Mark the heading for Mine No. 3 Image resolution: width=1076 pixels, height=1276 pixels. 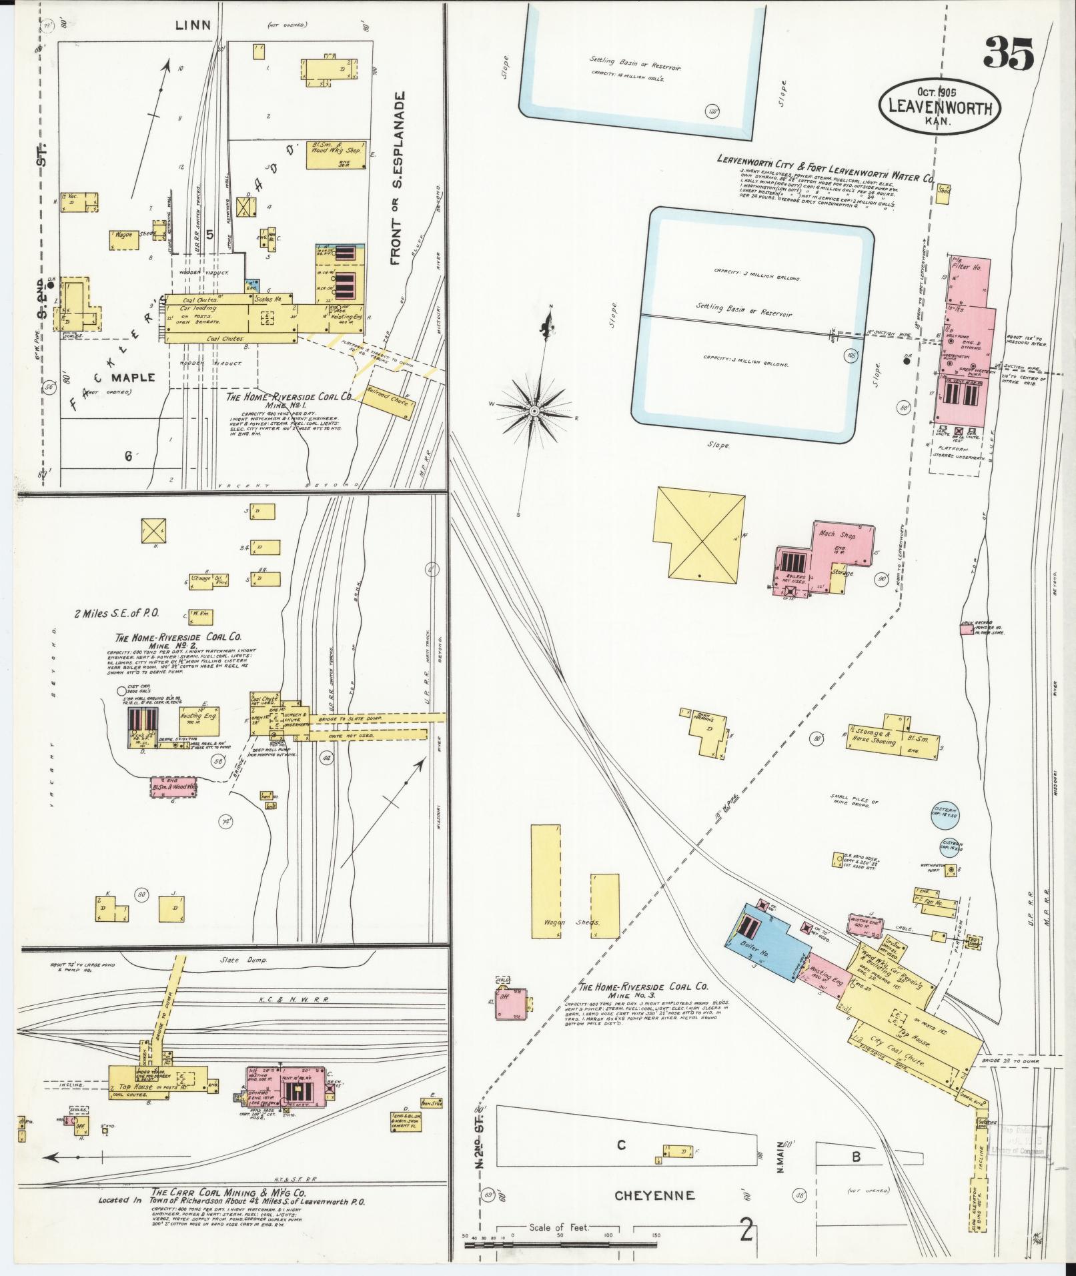tap(642, 990)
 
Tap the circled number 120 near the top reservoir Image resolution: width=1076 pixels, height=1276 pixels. tap(713, 111)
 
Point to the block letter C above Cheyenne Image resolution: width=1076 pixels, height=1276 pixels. tap(621, 1145)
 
